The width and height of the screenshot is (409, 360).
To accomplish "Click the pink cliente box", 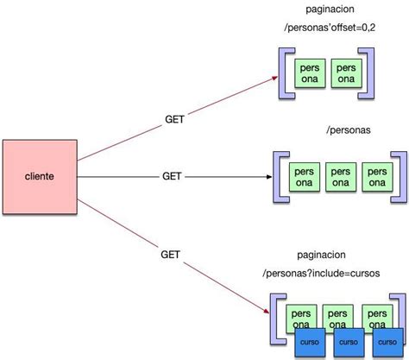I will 39,176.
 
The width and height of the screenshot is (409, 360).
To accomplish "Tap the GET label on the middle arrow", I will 172,176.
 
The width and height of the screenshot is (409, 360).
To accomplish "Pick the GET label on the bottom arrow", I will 170,255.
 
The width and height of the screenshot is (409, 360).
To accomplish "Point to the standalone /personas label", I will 349,129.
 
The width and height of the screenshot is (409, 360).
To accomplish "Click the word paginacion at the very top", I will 330,9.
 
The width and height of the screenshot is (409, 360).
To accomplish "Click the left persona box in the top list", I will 310,73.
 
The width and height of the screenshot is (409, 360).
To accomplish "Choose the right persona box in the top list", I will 345,73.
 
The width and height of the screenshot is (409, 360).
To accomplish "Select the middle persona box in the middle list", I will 340,176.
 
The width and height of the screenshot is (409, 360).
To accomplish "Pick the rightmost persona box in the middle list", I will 376,176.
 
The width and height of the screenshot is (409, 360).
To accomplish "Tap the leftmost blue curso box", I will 309,341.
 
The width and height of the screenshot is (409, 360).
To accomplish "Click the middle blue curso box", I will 346,341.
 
